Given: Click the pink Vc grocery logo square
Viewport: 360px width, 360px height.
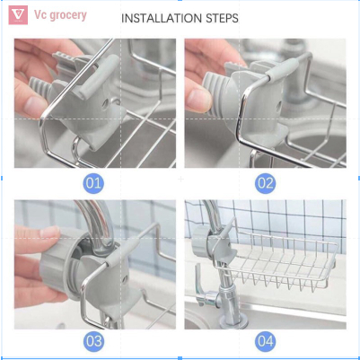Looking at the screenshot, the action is coord(18,15).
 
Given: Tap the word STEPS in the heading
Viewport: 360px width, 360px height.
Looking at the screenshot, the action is coord(222,19).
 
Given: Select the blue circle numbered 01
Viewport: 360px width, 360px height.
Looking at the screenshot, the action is coord(93,183).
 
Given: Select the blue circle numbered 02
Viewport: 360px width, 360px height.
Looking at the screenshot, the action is coord(266,183).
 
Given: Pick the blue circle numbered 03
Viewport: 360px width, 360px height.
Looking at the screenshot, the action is coord(93,341).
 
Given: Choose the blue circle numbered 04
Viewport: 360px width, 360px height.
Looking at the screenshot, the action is coord(266,341).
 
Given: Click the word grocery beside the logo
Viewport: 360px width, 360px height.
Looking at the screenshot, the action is coord(68,15).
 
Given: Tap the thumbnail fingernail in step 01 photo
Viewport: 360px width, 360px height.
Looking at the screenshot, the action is coord(35,106).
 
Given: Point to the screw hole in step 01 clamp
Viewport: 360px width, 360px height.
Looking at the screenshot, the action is coord(106,103).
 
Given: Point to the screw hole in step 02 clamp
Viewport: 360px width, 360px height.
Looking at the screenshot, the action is coord(279,105).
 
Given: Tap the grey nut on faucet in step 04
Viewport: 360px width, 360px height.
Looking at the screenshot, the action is coord(199,242).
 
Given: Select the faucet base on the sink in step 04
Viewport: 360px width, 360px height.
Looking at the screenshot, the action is coord(233,321).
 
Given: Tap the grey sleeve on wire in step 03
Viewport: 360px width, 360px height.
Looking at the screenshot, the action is coord(121,252).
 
